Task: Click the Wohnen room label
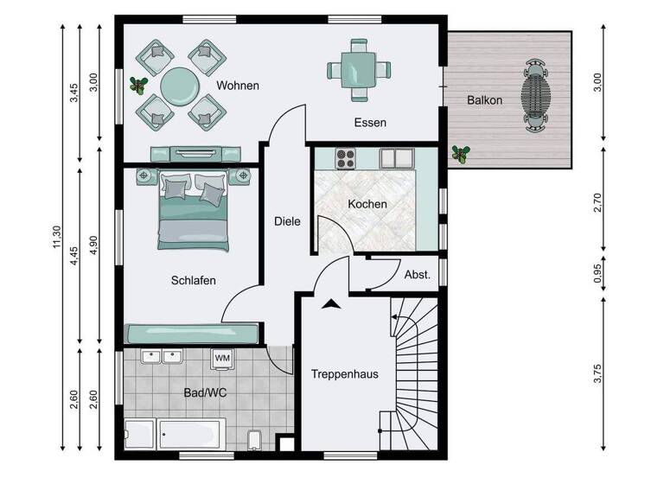click(239, 86)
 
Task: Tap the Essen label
click(370, 123)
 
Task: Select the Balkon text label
click(484, 100)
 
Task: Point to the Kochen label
click(367, 205)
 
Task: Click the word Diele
click(287, 221)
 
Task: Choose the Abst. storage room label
click(417, 275)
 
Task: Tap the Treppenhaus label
click(345, 374)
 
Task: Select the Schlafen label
click(193, 280)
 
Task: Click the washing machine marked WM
click(222, 358)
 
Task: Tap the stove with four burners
click(346, 159)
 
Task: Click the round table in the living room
click(180, 85)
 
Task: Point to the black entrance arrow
click(329, 303)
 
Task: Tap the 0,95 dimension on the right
click(597, 275)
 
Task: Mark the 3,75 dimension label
click(597, 373)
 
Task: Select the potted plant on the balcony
click(462, 155)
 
